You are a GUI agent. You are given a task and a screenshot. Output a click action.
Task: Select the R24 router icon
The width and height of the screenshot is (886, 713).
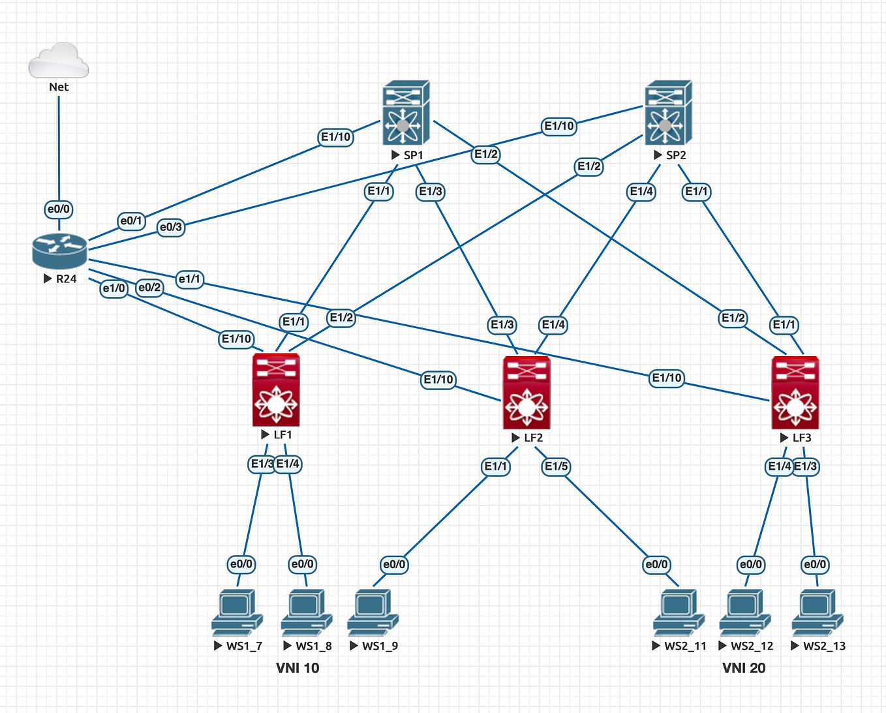click(x=59, y=250)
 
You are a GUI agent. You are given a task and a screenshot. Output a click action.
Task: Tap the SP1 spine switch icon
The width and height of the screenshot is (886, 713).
click(x=406, y=113)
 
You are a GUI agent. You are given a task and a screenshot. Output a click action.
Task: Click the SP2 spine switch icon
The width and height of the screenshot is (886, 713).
click(x=668, y=113)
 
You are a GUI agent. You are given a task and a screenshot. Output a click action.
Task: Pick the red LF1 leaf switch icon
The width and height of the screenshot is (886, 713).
click(x=276, y=389)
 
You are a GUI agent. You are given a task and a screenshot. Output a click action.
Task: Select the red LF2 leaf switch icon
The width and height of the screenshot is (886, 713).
click(x=527, y=393)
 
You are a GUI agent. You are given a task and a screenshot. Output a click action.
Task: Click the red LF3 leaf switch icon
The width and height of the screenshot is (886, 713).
click(x=795, y=393)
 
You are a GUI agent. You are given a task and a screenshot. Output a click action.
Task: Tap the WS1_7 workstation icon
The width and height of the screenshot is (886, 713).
click(x=237, y=612)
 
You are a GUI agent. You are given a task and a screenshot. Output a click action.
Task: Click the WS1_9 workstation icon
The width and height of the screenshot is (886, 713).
click(x=373, y=612)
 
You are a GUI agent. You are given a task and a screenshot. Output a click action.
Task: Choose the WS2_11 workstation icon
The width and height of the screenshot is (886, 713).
click(x=679, y=612)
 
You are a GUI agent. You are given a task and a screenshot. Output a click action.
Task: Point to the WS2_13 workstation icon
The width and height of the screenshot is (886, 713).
click(x=817, y=612)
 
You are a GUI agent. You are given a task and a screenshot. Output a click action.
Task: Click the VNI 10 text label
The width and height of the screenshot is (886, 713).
click(x=298, y=668)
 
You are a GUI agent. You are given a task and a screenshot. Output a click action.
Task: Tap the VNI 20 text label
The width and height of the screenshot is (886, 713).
click(x=744, y=668)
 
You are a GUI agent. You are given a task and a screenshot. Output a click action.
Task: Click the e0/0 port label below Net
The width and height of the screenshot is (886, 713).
click(x=59, y=209)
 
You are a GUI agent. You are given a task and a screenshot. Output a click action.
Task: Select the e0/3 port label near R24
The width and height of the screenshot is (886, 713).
click(x=171, y=227)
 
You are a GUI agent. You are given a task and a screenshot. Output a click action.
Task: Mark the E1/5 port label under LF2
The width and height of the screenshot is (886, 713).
click(x=557, y=466)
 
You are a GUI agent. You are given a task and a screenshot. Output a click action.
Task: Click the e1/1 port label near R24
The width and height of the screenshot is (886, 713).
click(x=190, y=279)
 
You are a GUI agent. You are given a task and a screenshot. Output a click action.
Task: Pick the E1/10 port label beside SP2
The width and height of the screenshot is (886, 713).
click(x=559, y=126)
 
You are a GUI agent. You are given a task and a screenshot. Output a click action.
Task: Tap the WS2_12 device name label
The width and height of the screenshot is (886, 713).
click(x=752, y=646)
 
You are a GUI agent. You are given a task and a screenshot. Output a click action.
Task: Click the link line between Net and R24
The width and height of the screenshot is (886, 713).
click(x=59, y=150)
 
